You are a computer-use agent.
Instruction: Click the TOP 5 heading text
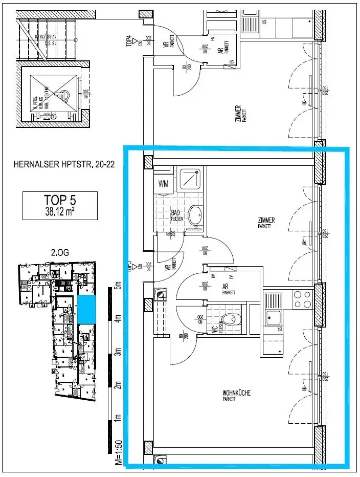pos(60,200)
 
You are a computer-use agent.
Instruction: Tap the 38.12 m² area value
pos(60,210)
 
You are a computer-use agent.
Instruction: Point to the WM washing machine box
pos(164,183)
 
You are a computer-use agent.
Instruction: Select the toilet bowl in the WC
pos(233,320)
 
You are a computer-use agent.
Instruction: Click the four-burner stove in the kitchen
pos(302,299)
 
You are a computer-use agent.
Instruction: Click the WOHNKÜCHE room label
pos(236,393)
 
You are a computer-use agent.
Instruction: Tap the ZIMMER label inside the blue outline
pos(266,221)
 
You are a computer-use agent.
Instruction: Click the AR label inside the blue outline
pos(225,288)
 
